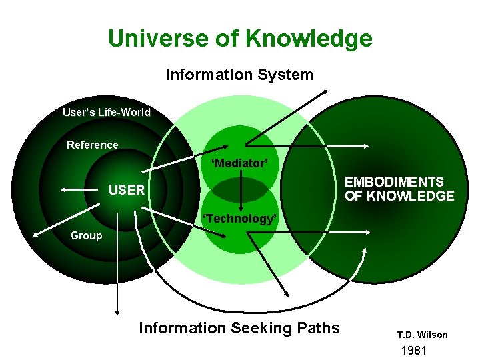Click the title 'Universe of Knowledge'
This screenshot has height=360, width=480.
click(240, 38)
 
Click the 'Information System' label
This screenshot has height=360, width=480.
click(239, 75)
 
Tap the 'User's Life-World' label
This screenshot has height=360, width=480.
click(107, 112)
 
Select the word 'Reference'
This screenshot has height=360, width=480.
click(93, 145)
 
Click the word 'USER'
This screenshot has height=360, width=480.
click(127, 190)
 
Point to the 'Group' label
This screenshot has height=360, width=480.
click(87, 235)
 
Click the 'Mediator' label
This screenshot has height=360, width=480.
click(239, 163)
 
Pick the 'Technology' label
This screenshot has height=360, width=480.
click(239, 219)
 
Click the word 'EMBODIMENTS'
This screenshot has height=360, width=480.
click(394, 182)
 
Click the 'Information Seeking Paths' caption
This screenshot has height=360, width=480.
click(239, 328)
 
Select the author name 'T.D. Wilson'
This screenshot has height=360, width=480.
click(423, 335)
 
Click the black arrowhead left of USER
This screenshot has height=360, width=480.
click(64, 190)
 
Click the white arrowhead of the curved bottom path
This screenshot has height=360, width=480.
click(365, 251)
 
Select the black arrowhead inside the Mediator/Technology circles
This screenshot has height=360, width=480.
click(240, 199)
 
